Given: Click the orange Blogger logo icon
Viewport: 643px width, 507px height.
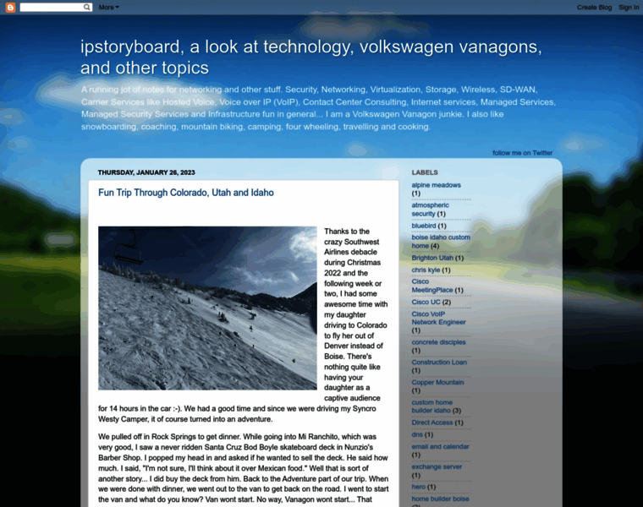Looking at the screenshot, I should [11, 7].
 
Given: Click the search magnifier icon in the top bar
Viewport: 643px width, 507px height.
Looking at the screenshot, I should [87, 7].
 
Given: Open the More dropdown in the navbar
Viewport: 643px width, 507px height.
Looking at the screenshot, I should [108, 7].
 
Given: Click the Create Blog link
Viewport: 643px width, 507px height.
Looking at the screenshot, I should [594, 7].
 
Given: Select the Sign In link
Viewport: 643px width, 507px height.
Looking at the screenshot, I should [629, 7].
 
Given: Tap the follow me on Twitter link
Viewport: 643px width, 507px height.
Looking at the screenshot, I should [522, 153].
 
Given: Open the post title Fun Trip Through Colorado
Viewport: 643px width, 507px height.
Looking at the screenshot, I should [185, 193].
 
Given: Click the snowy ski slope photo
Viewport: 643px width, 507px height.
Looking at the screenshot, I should [207, 308].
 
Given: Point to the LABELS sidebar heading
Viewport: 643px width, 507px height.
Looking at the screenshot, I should [425, 172].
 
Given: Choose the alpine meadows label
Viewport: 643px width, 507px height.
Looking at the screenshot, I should [436, 185].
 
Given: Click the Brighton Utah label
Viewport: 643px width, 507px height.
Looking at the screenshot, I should [432, 258].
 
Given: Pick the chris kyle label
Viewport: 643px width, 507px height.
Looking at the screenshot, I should [426, 270].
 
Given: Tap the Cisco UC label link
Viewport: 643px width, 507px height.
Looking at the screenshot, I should [426, 302].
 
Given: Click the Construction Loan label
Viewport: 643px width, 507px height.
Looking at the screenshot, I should [438, 363].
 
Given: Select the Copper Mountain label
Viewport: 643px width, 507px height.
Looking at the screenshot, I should [437, 382].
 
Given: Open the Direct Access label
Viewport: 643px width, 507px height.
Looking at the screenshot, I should [431, 422].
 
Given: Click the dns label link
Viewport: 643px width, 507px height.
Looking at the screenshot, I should [417, 434].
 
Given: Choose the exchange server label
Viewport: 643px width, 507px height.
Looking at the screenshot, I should [437, 466].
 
